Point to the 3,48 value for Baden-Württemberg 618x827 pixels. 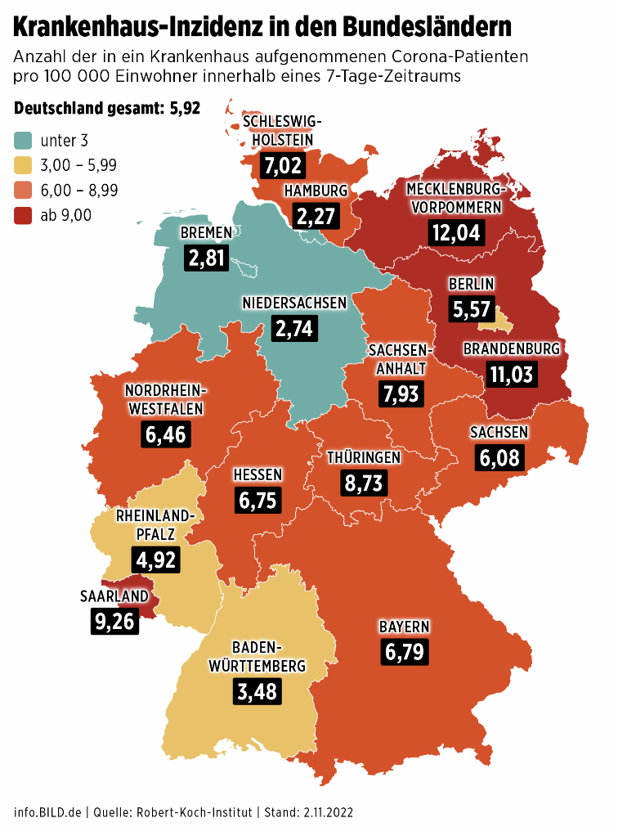click(x=256, y=691)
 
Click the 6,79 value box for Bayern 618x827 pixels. click(x=404, y=652)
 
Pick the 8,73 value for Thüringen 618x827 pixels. click(x=363, y=483)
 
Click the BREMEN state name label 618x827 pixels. click(x=207, y=233)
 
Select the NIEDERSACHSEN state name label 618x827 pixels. click(x=294, y=303)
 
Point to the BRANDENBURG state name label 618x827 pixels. click(x=512, y=349)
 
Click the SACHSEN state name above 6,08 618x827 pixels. click(x=499, y=433)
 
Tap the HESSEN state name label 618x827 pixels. click(x=257, y=475)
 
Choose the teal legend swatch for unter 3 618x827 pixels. click(x=23, y=141)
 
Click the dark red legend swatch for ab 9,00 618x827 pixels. click(x=23, y=215)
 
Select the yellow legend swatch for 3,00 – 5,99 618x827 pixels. click(x=23, y=165)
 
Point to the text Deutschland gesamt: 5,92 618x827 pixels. click(x=106, y=109)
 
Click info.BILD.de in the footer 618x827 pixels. click(x=47, y=812)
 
